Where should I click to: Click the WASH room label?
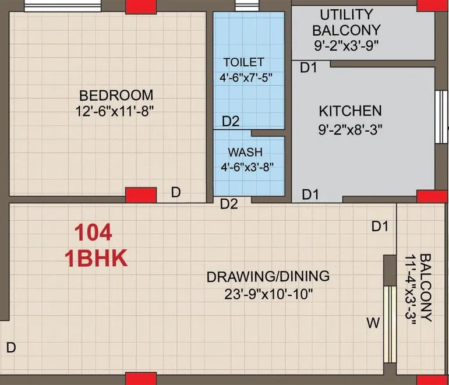pos(241,152)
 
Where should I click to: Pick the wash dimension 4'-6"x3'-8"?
pos(248,167)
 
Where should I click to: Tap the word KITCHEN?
pos(350,111)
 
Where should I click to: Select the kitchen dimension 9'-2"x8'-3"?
pos(350,130)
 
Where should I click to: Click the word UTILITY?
pos(346,14)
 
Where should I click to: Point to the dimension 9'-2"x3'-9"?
pos(346,45)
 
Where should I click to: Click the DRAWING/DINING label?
pos(268,276)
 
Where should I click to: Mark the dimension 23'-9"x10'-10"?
pos(268,294)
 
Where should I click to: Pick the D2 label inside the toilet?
pos(231,122)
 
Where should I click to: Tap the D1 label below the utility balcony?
pos(308,68)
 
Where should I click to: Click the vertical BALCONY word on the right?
pos(426,288)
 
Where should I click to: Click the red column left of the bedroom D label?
pos(141,195)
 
